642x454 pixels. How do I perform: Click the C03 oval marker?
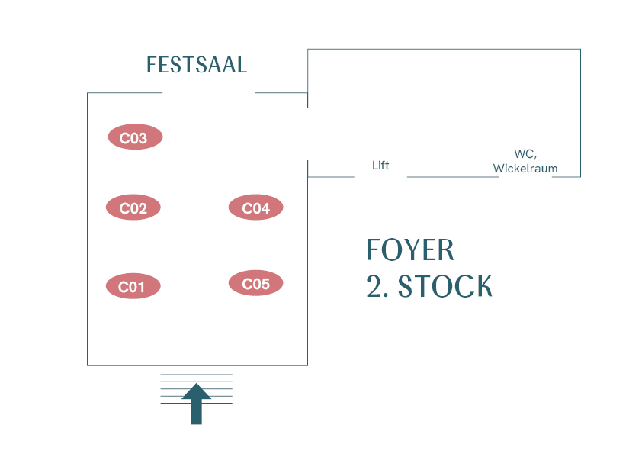[x=135, y=137]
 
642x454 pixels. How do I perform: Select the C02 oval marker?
[x=133, y=208]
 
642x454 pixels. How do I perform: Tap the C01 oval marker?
[x=133, y=286]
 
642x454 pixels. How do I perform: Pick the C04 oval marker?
[x=255, y=207]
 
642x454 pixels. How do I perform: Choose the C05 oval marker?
[x=255, y=283]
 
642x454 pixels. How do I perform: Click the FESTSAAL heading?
[x=197, y=66]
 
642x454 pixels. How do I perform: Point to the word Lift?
[x=380, y=165]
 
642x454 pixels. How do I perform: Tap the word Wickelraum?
[x=525, y=169]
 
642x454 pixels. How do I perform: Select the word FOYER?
[x=410, y=250]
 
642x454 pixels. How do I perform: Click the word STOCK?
[x=445, y=287]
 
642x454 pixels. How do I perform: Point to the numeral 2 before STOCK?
[x=374, y=287]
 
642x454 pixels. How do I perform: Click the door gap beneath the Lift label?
[x=380, y=177]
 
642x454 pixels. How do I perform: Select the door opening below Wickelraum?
[x=525, y=177]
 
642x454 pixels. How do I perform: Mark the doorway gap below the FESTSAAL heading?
[x=209, y=93]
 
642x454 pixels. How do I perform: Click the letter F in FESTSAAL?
[x=152, y=66]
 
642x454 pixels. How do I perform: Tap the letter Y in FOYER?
[x=414, y=250]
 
